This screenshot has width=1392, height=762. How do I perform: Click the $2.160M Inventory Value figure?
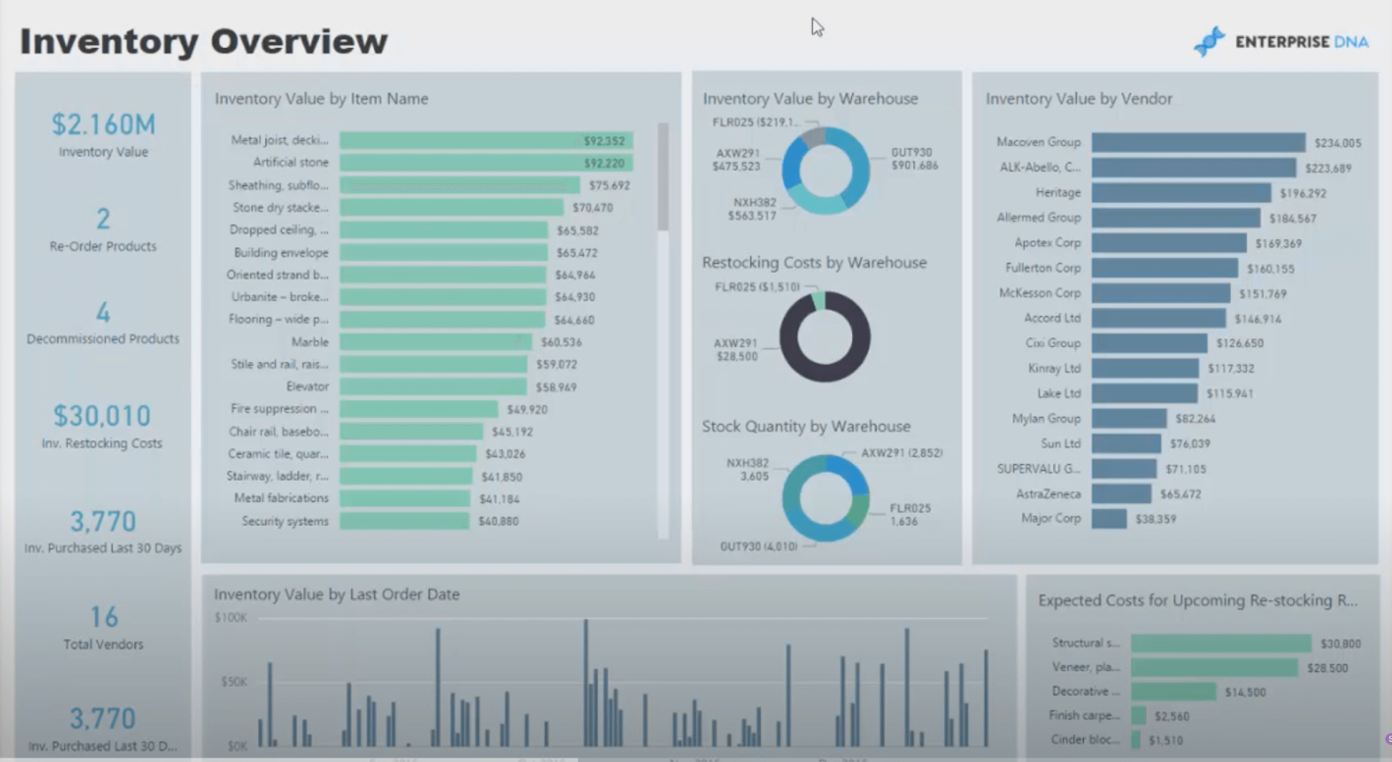coord(103,124)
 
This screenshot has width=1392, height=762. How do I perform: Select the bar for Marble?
coord(435,342)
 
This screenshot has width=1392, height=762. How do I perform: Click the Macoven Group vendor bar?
coord(1197,142)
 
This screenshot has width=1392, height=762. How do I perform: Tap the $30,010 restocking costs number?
coord(102,416)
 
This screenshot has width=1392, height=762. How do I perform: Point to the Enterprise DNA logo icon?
coord(1209,42)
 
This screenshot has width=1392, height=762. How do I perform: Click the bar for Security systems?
coord(404,521)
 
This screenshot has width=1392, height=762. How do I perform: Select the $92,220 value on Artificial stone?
coord(604,163)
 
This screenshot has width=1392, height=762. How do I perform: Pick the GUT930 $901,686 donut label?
coord(913,159)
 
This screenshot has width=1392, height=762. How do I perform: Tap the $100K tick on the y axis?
coord(230,618)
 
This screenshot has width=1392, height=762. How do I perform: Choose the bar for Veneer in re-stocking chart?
coord(1213,668)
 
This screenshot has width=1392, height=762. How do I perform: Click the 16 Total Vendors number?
coord(103,617)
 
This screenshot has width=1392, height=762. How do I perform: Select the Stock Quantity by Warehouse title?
coord(806,426)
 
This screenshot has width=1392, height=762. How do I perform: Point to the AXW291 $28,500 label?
coord(736,350)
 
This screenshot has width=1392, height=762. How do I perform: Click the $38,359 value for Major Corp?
coord(1155,519)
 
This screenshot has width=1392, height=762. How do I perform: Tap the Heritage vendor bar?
coord(1180,193)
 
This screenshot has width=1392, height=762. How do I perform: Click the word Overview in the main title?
coord(299,42)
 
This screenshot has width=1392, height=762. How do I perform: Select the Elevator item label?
coord(307,387)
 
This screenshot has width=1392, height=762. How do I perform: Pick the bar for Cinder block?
coord(1136,740)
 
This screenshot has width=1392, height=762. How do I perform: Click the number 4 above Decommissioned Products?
coord(103,313)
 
